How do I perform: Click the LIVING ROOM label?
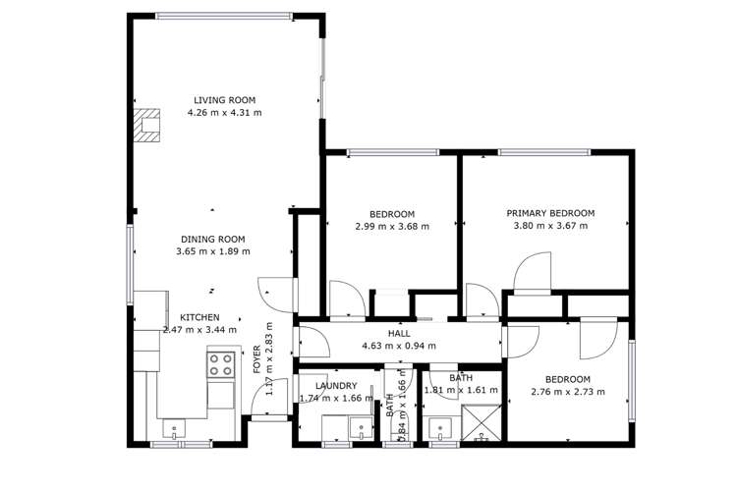(x=225, y=100)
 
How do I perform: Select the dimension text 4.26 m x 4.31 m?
(x=225, y=113)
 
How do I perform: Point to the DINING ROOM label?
(x=212, y=239)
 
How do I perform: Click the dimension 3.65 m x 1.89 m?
(x=212, y=251)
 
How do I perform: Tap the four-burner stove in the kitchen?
(x=220, y=365)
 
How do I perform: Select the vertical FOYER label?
(x=257, y=360)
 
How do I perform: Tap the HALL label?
(x=399, y=334)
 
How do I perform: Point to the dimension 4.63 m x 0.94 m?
(x=399, y=346)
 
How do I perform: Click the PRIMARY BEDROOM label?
(x=550, y=213)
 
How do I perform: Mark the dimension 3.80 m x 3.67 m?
(x=550, y=226)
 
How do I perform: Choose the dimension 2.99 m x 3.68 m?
(x=392, y=227)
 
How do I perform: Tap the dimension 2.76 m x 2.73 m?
(x=568, y=392)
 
